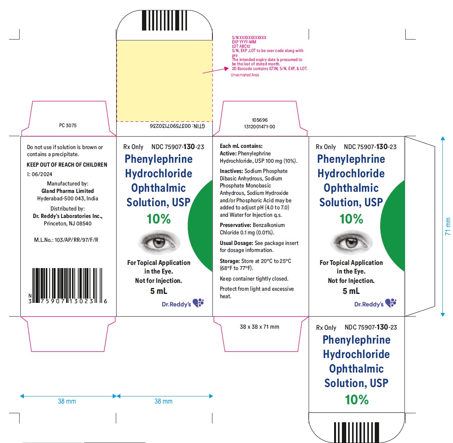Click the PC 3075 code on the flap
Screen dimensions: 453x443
(68, 125)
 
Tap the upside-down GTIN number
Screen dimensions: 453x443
(177, 126)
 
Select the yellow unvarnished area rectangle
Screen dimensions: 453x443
(164, 81)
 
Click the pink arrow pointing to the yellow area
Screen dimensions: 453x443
(216, 71)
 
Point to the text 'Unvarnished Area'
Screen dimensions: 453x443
(245, 75)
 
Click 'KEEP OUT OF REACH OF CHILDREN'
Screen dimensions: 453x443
(67, 165)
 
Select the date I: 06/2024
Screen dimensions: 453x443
(40, 174)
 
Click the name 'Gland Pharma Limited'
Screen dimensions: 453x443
(68, 191)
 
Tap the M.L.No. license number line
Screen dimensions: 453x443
(66, 240)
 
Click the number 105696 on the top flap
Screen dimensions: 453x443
(260, 120)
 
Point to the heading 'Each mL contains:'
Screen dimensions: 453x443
(241, 146)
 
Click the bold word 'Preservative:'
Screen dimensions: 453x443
(235, 225)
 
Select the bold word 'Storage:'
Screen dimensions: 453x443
(230, 261)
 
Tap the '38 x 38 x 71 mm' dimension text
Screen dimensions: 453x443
(259, 327)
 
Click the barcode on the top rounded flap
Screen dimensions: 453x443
(164, 20)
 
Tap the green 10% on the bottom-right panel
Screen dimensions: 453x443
(357, 400)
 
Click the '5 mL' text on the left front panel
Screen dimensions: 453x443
(158, 291)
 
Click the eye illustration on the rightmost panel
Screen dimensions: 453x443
(351, 242)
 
